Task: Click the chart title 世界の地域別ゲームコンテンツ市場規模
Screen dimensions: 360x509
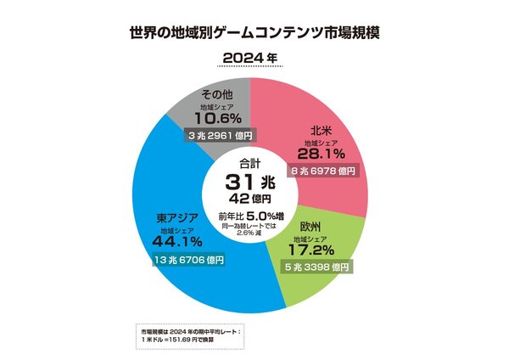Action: pos(255,32)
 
